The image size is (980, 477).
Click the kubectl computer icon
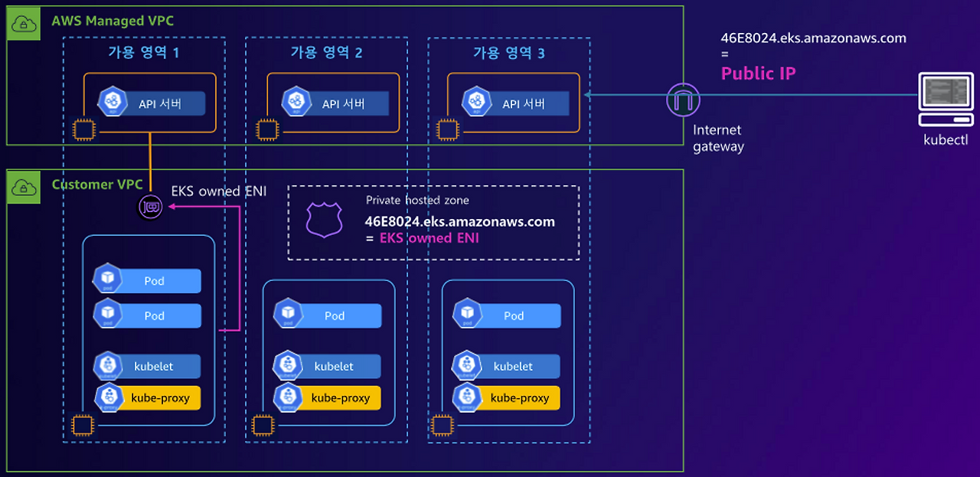coord(946,100)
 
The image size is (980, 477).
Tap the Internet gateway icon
coord(683,100)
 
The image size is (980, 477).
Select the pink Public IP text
coord(758,74)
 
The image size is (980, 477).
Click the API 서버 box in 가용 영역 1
coord(153,103)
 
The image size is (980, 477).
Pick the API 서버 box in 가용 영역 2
coord(336,103)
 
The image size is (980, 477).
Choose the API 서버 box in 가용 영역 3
coord(517,103)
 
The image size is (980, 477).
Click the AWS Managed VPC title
coord(113,21)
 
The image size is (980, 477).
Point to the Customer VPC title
coord(97,185)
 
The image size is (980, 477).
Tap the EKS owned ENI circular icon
coord(151,207)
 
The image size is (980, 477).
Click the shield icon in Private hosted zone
coord(320,219)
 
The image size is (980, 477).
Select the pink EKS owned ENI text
coord(430,238)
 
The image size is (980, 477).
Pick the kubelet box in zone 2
coord(328,367)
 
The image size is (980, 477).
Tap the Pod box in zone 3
coord(508,315)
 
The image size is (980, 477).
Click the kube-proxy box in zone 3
coord(508,397)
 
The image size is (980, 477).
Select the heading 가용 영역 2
coord(326,53)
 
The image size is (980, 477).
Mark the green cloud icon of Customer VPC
coord(24,186)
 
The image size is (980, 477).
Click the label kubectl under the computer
coord(946,140)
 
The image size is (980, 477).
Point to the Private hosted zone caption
coord(417,201)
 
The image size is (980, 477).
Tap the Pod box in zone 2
coord(328,315)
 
